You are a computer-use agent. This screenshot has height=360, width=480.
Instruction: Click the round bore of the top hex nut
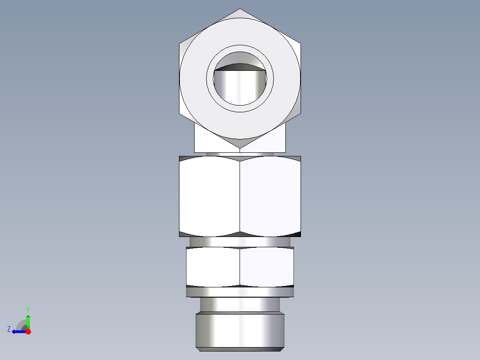pos(240,87)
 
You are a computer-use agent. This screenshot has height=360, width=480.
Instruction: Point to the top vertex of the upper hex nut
pos(240,9)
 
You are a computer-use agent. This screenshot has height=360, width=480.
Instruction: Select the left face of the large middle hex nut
pos(209,196)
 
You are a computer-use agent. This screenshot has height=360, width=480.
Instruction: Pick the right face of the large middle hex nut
pos(270,196)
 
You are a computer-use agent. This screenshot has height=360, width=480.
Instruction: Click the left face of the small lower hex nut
pos(213,266)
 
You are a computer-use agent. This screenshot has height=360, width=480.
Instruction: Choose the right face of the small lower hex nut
pos(267,266)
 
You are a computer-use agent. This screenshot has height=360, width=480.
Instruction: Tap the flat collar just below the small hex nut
pos(240,292)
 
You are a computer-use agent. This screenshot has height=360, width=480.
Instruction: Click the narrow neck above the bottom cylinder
pos(240,305)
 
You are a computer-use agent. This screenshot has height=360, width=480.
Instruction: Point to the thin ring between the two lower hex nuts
pos(240,241)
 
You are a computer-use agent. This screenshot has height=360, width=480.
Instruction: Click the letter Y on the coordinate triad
pos(28,309)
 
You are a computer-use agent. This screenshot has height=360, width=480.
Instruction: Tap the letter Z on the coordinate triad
pos(9,329)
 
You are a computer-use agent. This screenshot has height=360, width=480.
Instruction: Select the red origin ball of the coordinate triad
pos(28,331)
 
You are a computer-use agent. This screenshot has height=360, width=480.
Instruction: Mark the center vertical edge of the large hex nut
pos(240,196)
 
